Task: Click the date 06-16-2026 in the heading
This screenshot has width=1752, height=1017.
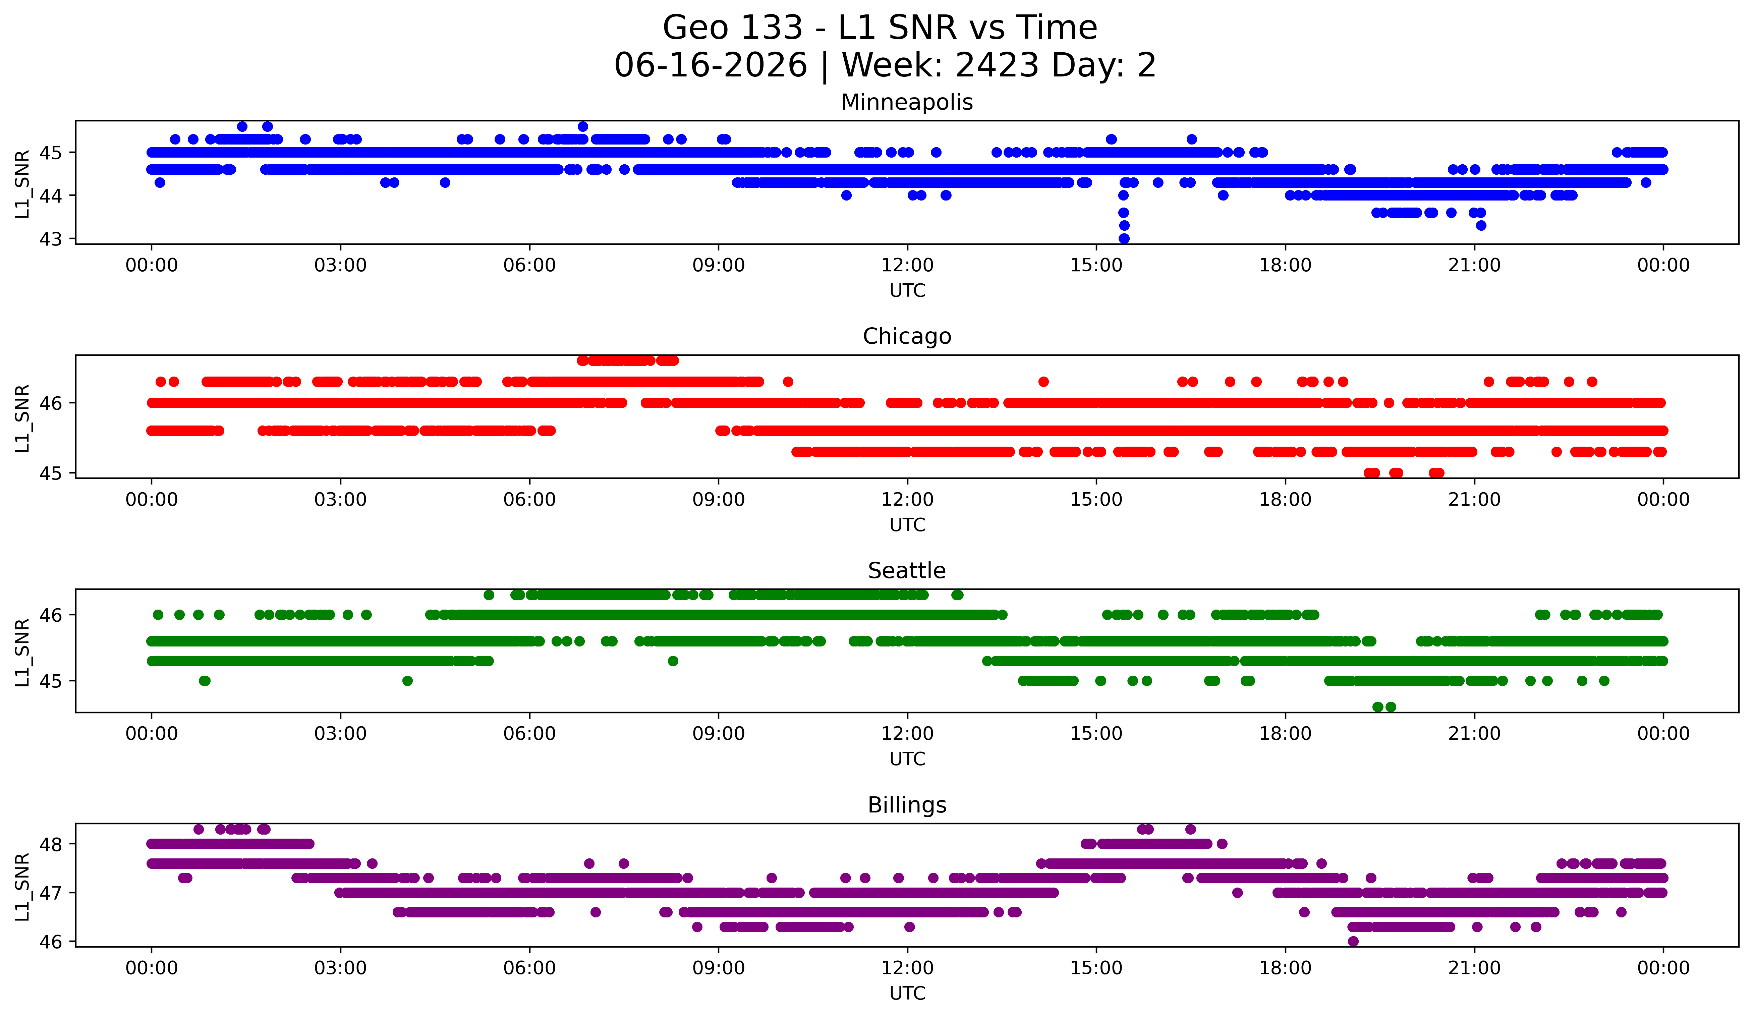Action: pyautogui.click(x=711, y=65)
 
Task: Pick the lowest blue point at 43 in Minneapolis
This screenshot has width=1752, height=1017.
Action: pyautogui.click(x=1124, y=238)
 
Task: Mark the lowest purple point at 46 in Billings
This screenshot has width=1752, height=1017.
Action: pyautogui.click(x=1353, y=941)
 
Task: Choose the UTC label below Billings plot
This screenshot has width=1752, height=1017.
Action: pyautogui.click(x=907, y=994)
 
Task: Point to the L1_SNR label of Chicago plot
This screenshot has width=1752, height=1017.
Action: pyautogui.click(x=22, y=418)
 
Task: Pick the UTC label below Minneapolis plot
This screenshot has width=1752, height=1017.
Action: pyautogui.click(x=907, y=291)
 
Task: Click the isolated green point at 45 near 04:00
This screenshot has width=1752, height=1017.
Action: pyautogui.click(x=407, y=681)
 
